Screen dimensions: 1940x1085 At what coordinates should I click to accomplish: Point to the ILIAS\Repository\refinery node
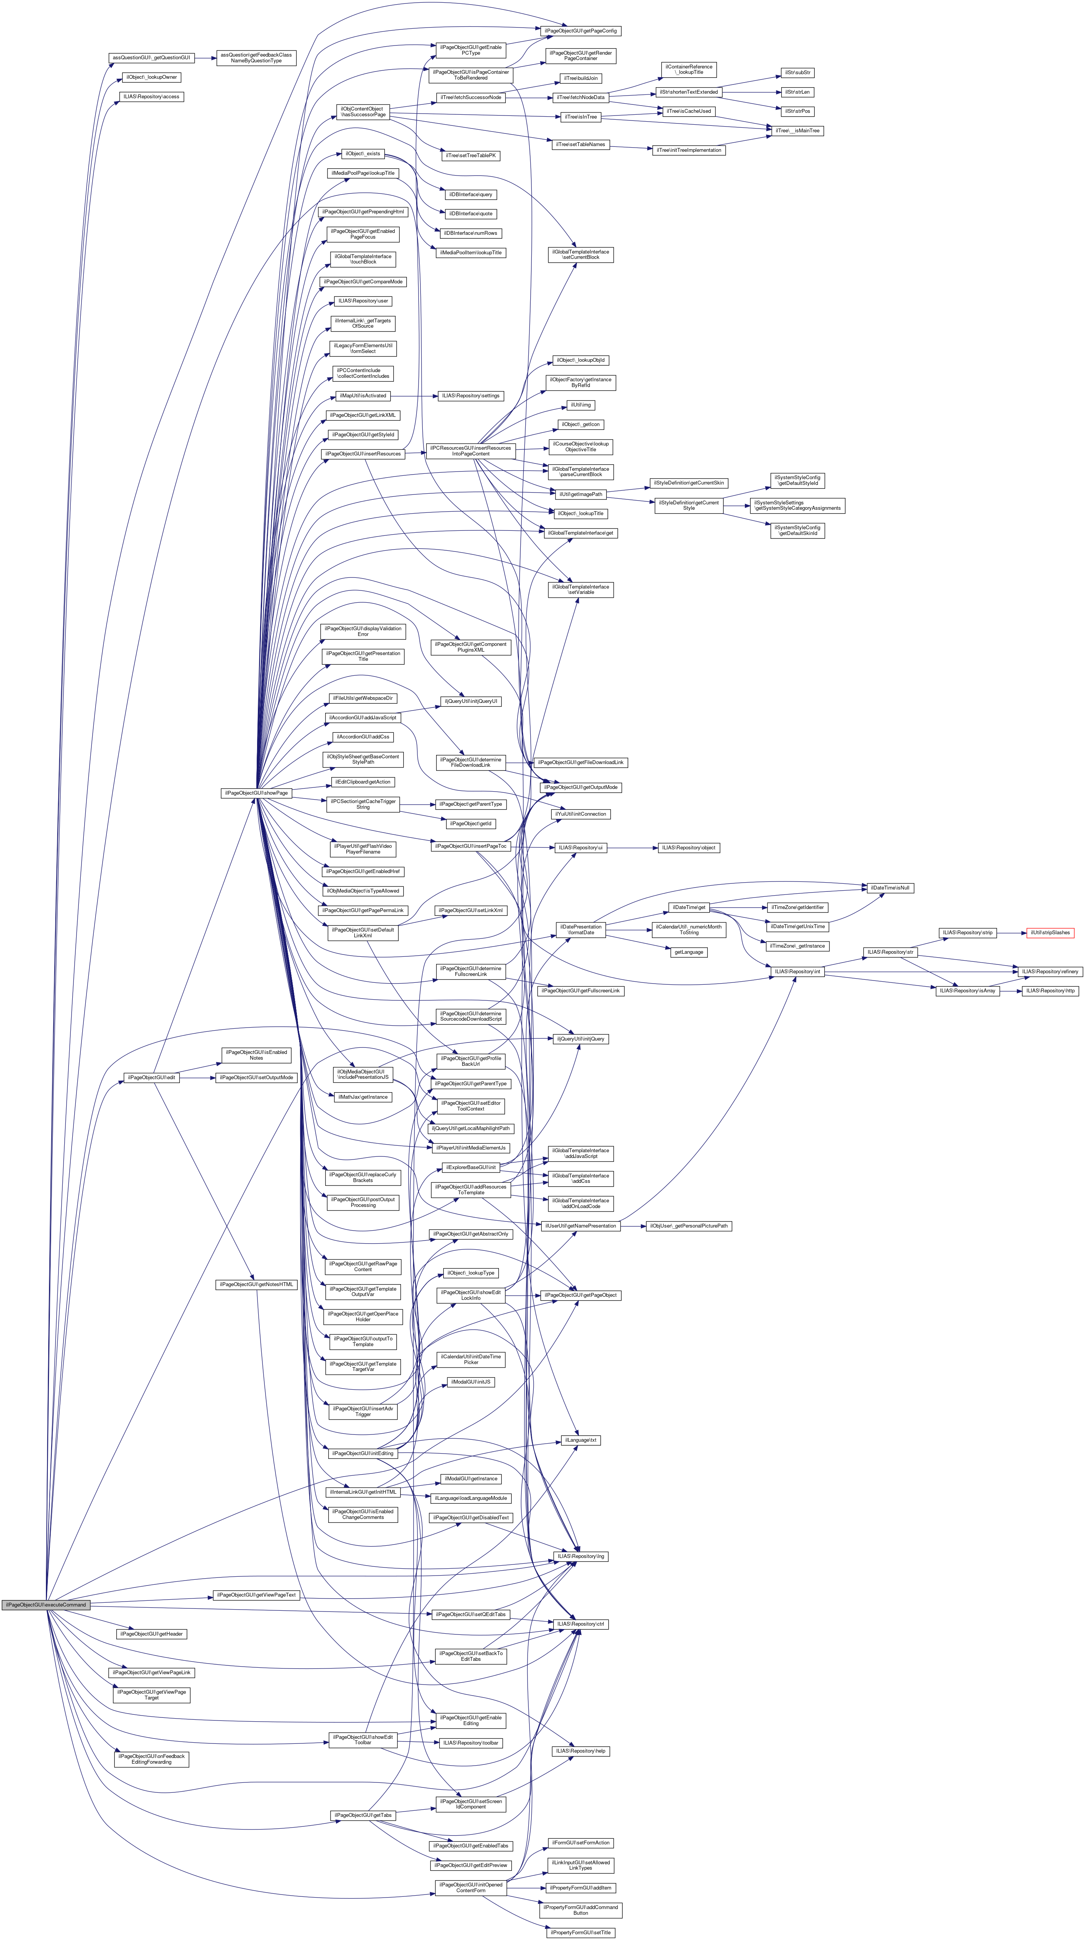pyautogui.click(x=1049, y=971)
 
